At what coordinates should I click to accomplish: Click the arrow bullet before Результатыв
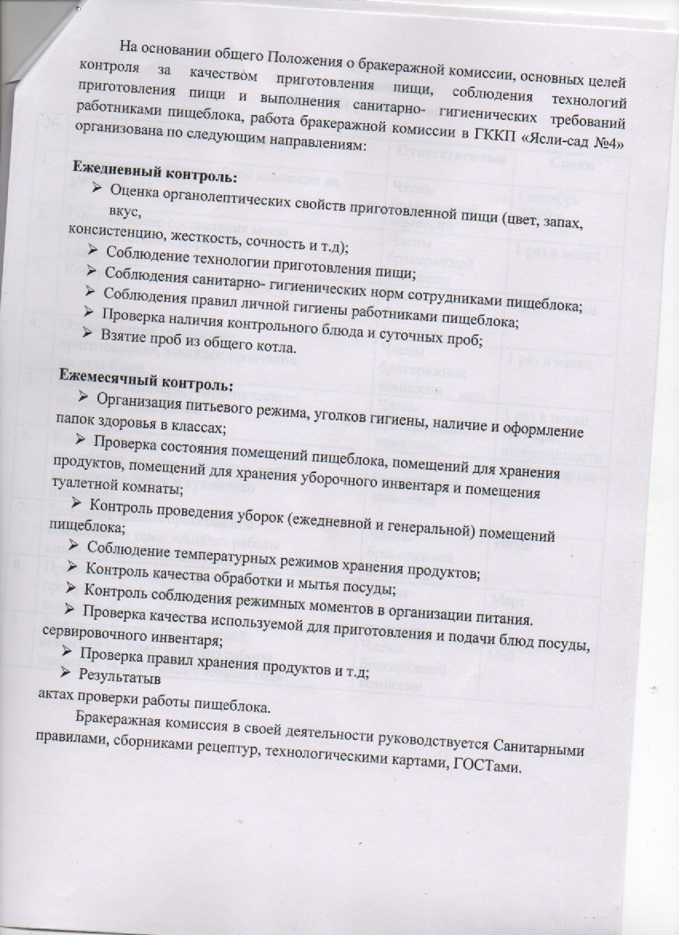(71, 673)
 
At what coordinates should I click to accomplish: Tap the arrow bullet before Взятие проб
(90, 336)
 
